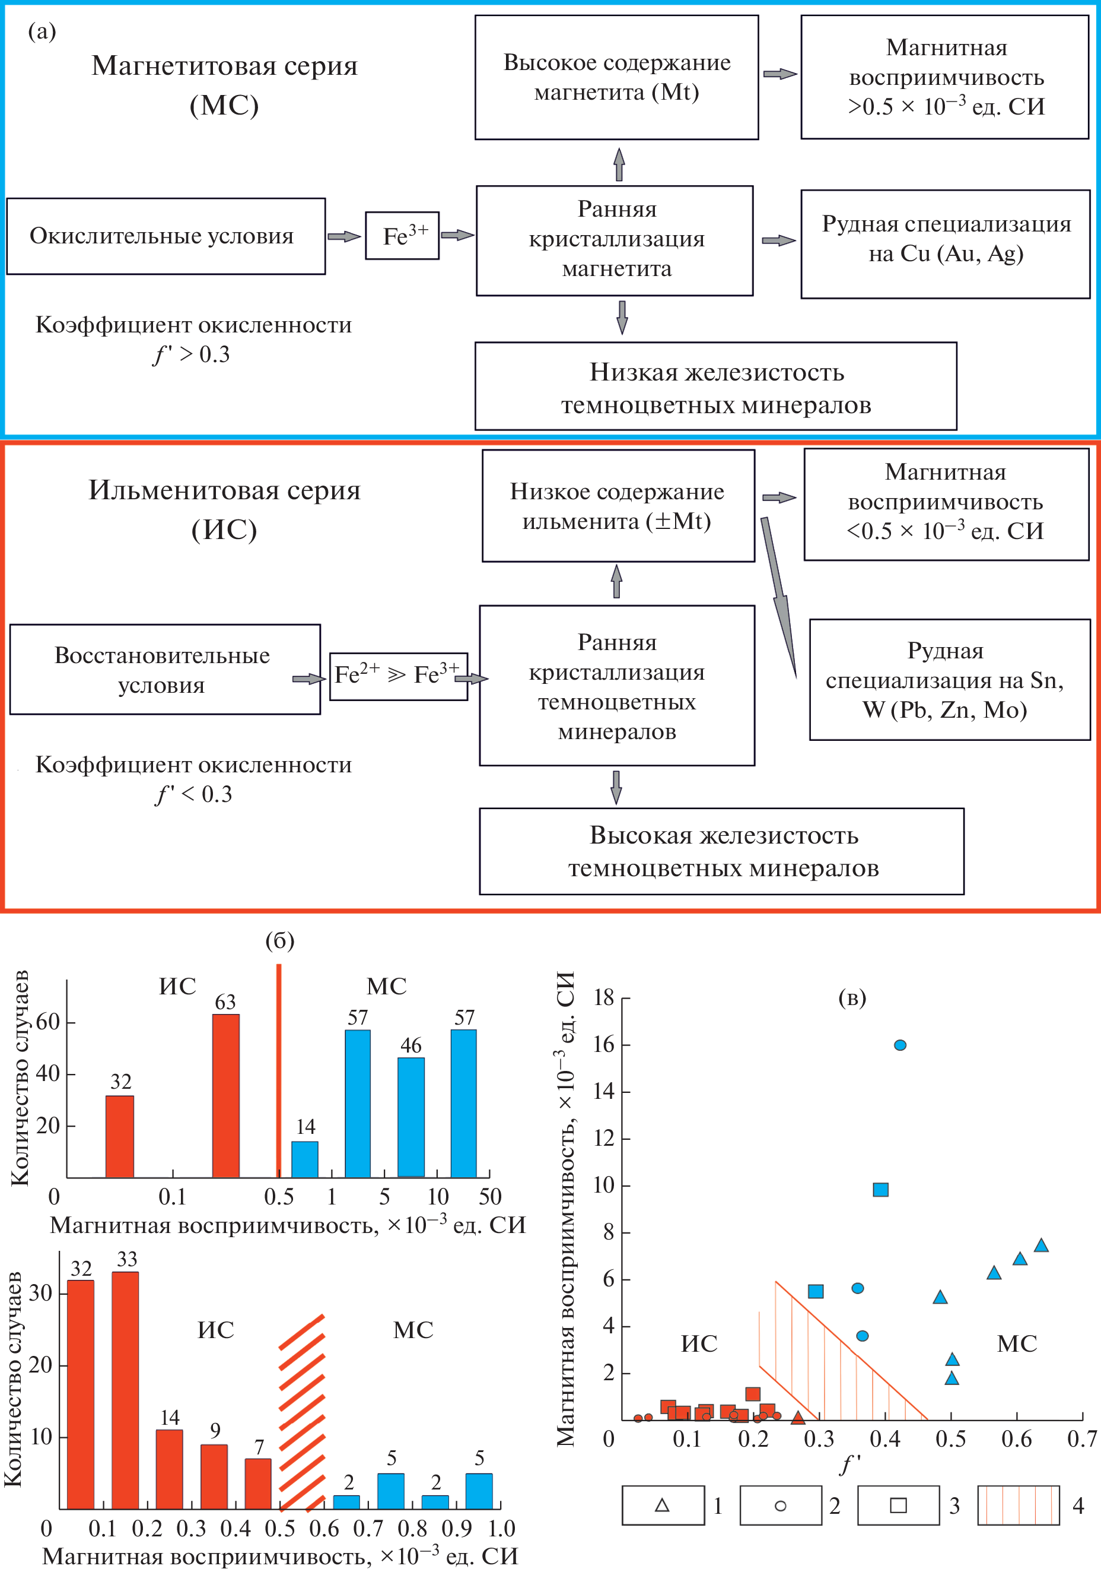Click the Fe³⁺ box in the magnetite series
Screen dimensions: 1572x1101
[402, 236]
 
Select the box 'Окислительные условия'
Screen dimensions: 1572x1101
[166, 236]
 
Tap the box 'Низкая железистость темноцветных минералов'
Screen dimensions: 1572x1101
[716, 387]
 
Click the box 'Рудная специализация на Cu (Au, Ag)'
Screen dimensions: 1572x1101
[945, 245]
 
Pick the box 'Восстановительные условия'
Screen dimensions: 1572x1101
[165, 670]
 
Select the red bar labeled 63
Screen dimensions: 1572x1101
[226, 1095]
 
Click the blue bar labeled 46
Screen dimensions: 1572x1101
[411, 1117]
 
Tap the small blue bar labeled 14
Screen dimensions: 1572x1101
[305, 1158]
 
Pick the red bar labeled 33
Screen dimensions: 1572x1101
[125, 1389]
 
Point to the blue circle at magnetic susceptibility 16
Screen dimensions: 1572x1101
[900, 1045]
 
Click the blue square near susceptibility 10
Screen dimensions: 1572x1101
[881, 1189]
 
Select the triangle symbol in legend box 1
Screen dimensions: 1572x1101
[661, 1506]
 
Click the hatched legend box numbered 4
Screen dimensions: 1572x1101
[1018, 1506]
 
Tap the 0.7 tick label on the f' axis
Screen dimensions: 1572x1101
[1082, 1438]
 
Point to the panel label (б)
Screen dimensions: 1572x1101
[280, 941]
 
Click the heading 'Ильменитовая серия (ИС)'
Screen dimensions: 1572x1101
[224, 509]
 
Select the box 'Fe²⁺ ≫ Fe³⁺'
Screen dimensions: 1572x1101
[398, 676]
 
